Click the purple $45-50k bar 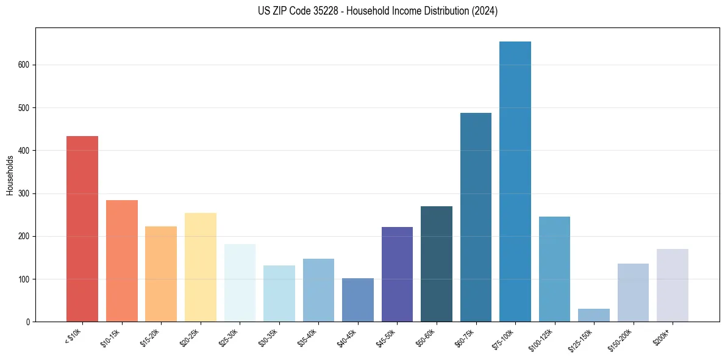coord(397,275)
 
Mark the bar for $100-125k coord(554,269)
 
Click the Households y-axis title coord(10,175)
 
